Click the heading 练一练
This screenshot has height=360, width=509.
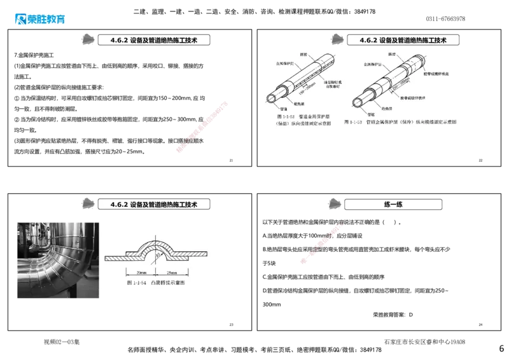pyautogui.click(x=393, y=204)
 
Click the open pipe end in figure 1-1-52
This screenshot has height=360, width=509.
pyautogui.click(x=270, y=99)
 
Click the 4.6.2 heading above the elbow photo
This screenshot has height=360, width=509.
pyautogui.click(x=154, y=204)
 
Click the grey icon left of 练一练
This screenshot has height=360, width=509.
pyautogui.click(x=334, y=203)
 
